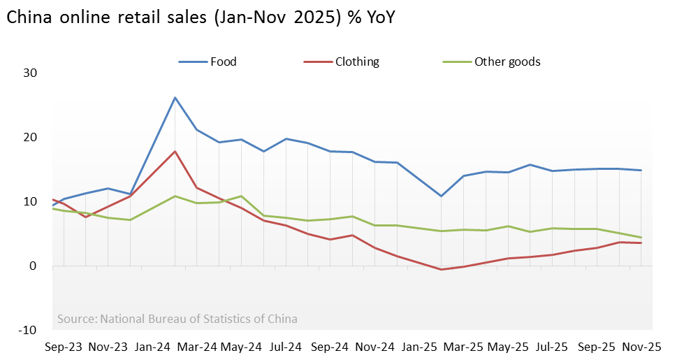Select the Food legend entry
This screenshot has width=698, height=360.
click(223, 62)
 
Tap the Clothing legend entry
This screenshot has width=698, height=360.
click(356, 62)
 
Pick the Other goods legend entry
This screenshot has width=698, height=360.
click(507, 62)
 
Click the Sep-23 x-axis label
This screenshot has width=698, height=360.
click(63, 346)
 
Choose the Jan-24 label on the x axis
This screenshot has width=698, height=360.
click(152, 346)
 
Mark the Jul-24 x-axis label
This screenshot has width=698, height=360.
click(285, 346)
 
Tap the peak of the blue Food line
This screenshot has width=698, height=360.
click(175, 97)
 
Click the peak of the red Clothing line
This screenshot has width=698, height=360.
click(175, 151)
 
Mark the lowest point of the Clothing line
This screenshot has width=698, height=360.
click(441, 269)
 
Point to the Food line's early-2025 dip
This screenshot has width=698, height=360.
click(441, 196)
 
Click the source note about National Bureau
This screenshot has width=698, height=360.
click(177, 319)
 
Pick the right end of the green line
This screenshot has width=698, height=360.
click(641, 238)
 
